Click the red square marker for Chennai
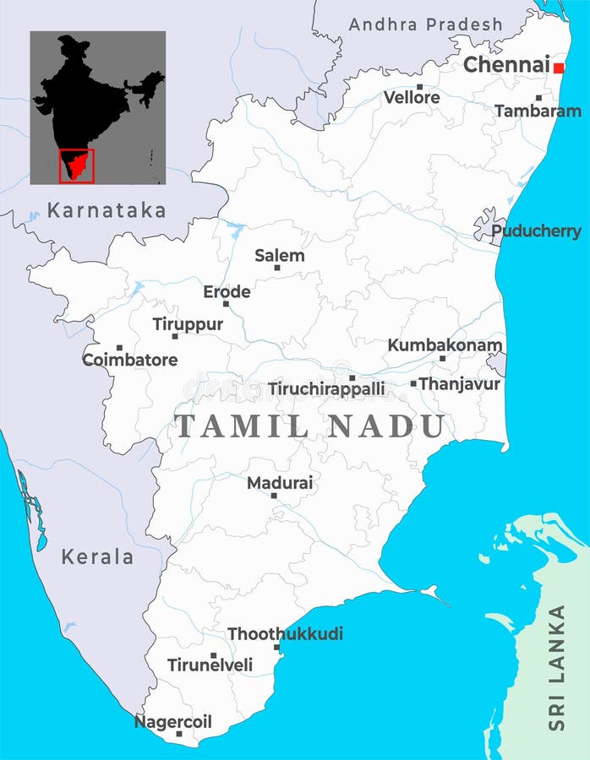pos(558,68)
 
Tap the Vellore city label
pos(412,98)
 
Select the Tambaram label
pos(538,111)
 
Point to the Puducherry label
pos(536,231)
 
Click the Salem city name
pos(280,255)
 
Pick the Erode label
pos(227,292)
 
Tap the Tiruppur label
pos(188,324)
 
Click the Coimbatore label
pos(129,360)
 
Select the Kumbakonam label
pos(445,345)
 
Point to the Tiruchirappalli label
pos(326,389)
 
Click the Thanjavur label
pos(459,384)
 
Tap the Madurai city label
pos(280,483)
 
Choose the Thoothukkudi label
pos(285,633)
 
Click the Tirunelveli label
pos(210,665)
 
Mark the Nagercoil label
pos(173,722)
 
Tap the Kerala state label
pos(97,557)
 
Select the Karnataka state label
pos(107,210)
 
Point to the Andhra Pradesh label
pos(425,24)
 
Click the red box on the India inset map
pos(76,165)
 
